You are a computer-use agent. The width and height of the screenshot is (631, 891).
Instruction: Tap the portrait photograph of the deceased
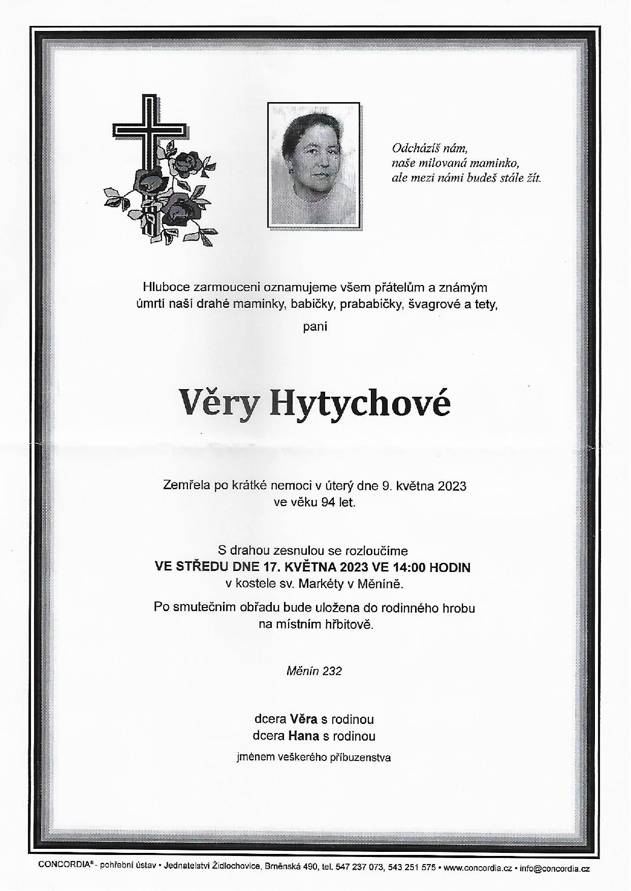pos(314,165)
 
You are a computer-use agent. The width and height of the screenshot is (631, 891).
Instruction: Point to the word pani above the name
pos(315,326)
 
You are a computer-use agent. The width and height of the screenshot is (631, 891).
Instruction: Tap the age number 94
pos(328,502)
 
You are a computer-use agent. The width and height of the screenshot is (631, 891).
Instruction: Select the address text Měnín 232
pos(314,671)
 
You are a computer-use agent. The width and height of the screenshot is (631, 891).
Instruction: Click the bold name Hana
pos(304,736)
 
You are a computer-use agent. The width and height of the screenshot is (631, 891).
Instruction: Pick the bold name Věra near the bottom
pos(304,719)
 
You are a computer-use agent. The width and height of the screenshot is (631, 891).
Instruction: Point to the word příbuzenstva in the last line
pos(361,757)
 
